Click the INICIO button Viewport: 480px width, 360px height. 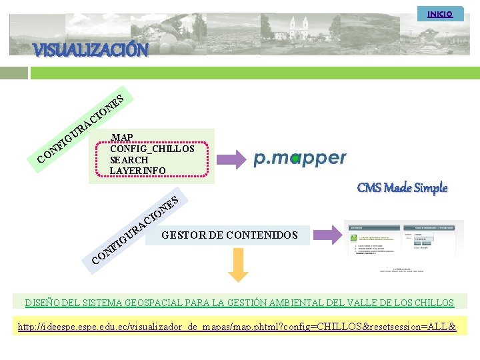tap(439, 13)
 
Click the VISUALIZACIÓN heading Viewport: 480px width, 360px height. tap(91, 50)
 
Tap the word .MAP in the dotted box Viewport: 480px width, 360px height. tap(122, 137)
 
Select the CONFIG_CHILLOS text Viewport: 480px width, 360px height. tap(152, 149)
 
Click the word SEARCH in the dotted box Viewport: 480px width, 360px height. tap(129, 160)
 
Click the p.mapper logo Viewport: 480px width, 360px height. tap(300, 158)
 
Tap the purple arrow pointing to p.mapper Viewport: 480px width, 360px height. tap(233, 159)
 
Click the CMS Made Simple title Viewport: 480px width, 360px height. tap(402, 188)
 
